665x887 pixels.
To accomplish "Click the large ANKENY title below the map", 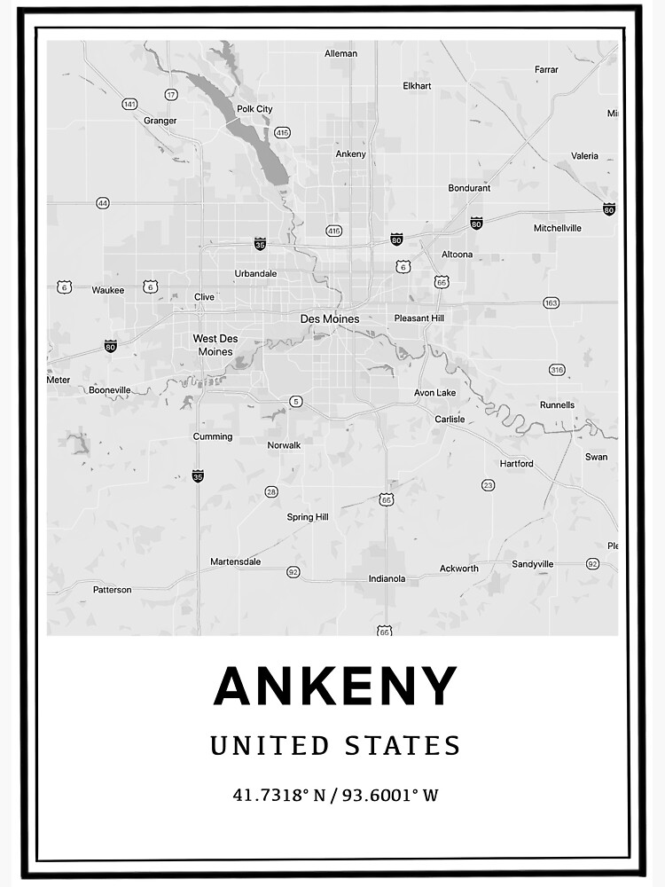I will point(335,687).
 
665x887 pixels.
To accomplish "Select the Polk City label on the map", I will point(254,109).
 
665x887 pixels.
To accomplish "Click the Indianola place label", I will point(387,579).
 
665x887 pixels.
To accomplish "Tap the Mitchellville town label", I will point(558,228).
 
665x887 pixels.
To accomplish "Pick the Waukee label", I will point(108,289).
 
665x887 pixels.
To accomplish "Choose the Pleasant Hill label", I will point(419,318).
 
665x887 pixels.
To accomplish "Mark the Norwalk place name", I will point(284,445).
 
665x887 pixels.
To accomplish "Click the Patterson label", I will point(112,589).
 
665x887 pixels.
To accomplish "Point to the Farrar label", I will point(546,69).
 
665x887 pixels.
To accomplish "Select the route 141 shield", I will point(130,104).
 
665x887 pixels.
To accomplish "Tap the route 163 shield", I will point(552,303).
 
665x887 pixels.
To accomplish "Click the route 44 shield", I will point(103,203).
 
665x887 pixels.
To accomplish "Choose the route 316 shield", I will point(557,370).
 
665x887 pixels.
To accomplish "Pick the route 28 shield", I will point(271,491).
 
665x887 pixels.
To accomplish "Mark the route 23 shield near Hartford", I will point(488,485).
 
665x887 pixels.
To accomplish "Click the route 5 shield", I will point(295,402).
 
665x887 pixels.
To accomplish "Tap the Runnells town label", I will point(557,405).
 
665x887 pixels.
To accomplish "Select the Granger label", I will point(160,121).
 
